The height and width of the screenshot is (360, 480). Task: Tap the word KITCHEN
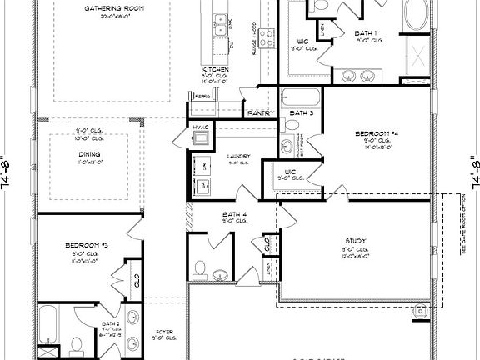point(215,68)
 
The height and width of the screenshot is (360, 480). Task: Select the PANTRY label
point(257,112)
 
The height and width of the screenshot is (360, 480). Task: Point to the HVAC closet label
point(202,127)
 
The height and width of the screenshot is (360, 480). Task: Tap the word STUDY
point(356,242)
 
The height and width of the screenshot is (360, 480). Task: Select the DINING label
point(89,154)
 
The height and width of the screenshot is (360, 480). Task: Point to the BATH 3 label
point(301,112)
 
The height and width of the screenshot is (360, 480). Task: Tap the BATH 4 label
point(232,214)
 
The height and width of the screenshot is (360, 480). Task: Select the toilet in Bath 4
point(198,267)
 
